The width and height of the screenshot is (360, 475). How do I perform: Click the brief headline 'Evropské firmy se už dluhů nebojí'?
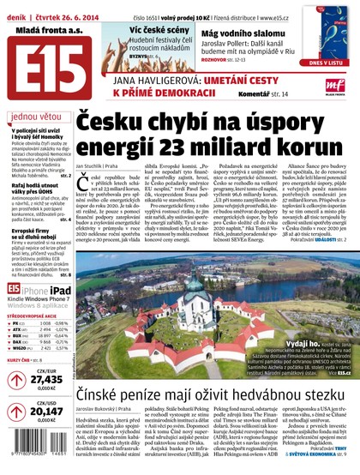[x=35, y=233]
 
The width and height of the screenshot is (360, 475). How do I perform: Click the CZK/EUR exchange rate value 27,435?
[x=46, y=381]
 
